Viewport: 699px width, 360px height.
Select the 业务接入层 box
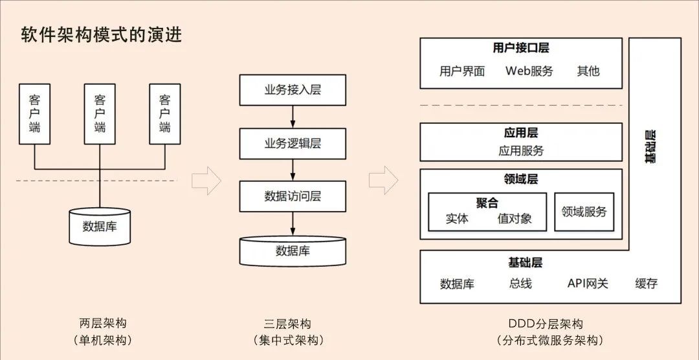click(x=293, y=90)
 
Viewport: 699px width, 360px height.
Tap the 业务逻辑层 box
click(x=293, y=143)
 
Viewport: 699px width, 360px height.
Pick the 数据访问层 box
click(x=293, y=196)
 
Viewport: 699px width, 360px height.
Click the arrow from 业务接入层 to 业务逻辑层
click(x=293, y=117)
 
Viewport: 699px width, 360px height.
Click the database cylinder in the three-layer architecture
click(x=293, y=250)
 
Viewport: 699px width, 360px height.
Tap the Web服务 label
click(x=529, y=71)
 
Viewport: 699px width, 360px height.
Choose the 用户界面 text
click(x=462, y=71)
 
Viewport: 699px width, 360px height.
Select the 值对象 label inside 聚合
click(x=515, y=219)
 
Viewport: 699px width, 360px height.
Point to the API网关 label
click(x=588, y=284)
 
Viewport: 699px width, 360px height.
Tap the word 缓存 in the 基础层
click(x=646, y=284)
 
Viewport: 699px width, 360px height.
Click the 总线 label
click(x=520, y=284)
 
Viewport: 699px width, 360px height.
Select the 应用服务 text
click(x=521, y=151)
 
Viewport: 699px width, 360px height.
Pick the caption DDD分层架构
click(x=546, y=324)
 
